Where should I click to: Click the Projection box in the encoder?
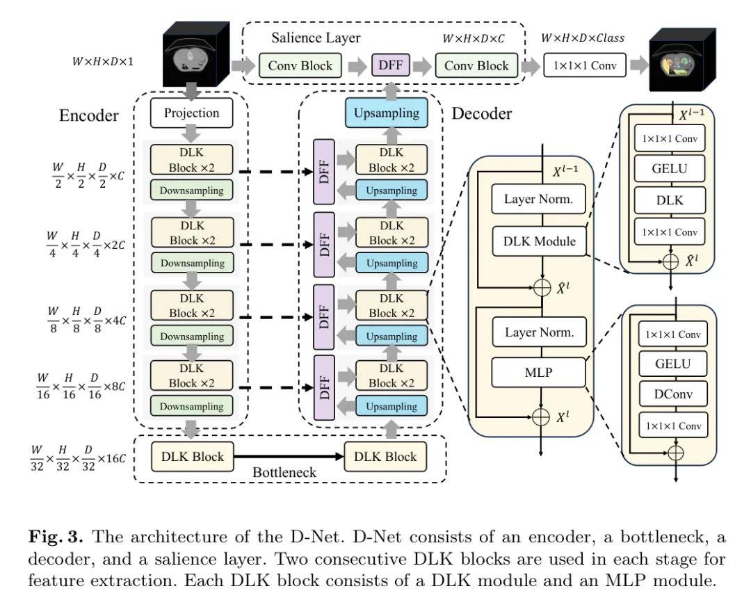(191, 113)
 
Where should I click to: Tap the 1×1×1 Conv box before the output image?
(586, 65)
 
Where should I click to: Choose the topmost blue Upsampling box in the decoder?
(387, 113)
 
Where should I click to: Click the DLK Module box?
(540, 241)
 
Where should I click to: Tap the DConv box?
(672, 394)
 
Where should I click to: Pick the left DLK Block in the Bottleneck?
(193, 457)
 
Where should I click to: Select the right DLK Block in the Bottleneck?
(386, 457)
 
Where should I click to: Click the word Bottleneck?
(284, 473)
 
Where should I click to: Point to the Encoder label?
(89, 115)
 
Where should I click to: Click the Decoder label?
(482, 113)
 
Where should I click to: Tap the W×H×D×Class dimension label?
(583, 38)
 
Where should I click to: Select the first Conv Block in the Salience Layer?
(300, 66)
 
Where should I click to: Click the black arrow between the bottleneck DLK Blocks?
(289, 457)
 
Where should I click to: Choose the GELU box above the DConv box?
(672, 363)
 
